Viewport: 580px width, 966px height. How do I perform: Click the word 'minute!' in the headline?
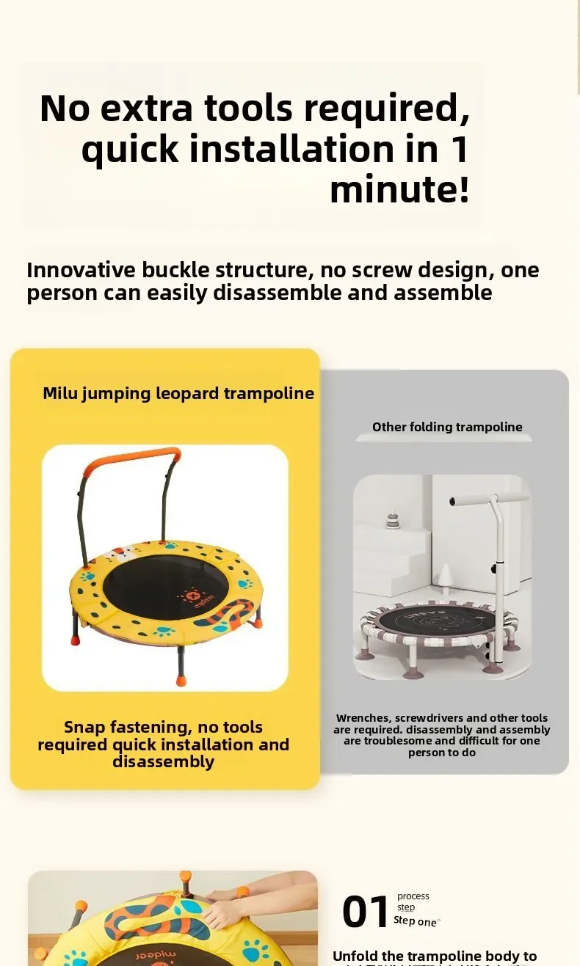tap(399, 190)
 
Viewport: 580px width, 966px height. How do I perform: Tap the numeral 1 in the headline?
tap(458, 149)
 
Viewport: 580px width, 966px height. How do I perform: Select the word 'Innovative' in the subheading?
tap(81, 271)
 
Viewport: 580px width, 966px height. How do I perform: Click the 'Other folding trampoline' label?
tap(447, 427)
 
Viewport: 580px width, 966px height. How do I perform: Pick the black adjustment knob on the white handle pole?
tap(497, 568)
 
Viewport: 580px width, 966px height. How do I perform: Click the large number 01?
tap(365, 912)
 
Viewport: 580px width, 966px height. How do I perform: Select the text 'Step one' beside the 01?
tap(415, 921)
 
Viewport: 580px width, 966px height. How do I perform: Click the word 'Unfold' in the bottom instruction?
tap(357, 956)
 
